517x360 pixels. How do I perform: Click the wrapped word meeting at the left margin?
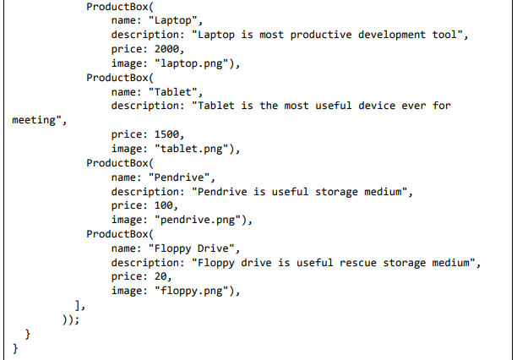point(38,120)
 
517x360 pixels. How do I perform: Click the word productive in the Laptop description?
point(309,35)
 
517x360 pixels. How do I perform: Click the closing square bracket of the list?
point(78,305)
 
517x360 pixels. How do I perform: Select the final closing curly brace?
point(15,348)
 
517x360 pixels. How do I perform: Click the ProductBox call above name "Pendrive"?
point(118,163)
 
